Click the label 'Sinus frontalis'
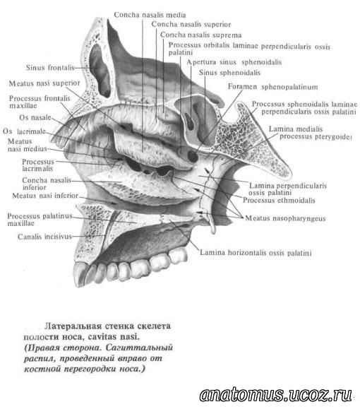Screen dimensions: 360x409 click(50, 68)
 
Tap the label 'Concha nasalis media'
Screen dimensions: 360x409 click(150, 15)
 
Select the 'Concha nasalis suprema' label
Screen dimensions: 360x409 click(200, 35)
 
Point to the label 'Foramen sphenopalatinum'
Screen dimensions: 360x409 click(272, 87)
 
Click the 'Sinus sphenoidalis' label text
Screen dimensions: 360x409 click(229, 72)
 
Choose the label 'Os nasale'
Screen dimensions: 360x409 click(35, 117)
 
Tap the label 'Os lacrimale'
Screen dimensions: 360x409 click(24, 131)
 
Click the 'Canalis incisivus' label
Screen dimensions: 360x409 click(44, 237)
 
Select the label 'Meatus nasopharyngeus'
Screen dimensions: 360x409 click(285, 218)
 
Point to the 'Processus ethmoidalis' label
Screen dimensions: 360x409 click(279, 200)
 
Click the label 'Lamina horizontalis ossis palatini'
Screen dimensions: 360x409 click(256, 252)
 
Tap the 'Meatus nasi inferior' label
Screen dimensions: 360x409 click(45, 196)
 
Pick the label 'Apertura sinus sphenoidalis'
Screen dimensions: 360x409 click(234, 62)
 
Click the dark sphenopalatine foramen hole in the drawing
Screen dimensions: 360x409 click(193, 156)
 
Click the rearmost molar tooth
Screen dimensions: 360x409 click(178, 255)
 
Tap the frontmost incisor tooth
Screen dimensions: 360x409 click(80, 274)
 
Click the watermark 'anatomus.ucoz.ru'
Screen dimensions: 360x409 click(276, 395)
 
